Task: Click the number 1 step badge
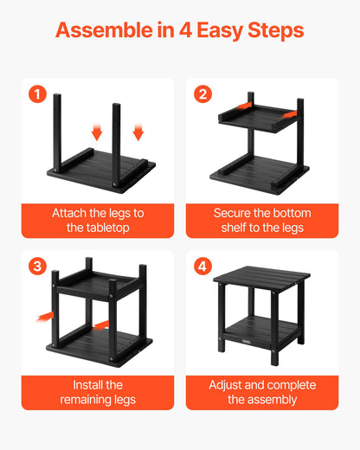click(x=36, y=94)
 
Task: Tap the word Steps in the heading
click(x=279, y=31)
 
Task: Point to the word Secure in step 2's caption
click(x=234, y=213)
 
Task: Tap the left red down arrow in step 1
click(x=97, y=132)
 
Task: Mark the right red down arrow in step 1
click(x=137, y=132)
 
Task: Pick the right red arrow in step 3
click(x=102, y=325)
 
